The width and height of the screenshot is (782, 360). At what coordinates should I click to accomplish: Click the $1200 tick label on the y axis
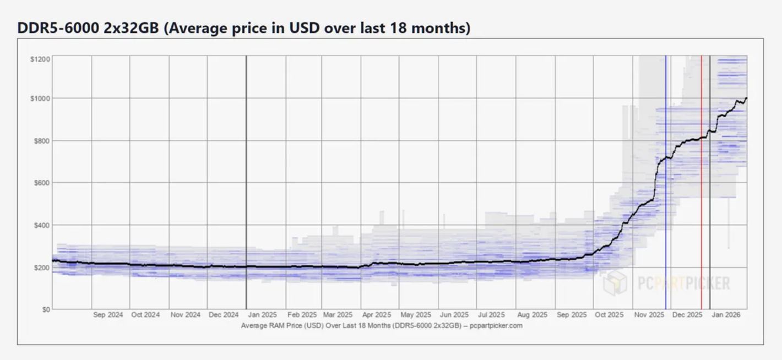[40, 59]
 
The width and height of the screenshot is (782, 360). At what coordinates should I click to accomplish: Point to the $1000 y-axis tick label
[40, 99]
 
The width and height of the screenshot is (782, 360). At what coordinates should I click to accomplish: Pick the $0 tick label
[45, 309]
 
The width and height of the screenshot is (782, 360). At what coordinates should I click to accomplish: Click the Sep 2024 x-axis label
[107, 315]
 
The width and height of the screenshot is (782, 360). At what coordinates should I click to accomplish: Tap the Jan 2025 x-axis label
[262, 315]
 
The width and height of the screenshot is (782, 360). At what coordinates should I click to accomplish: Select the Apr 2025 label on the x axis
[377, 315]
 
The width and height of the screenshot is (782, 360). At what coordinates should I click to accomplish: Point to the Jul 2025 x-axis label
[491, 315]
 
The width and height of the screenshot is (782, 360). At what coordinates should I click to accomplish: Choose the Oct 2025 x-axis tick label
[609, 315]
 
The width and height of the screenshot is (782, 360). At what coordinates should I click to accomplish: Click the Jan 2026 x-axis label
[725, 315]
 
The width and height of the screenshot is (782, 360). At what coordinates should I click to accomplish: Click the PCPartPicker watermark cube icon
[615, 283]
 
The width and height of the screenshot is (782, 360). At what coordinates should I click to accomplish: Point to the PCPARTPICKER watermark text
[683, 283]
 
